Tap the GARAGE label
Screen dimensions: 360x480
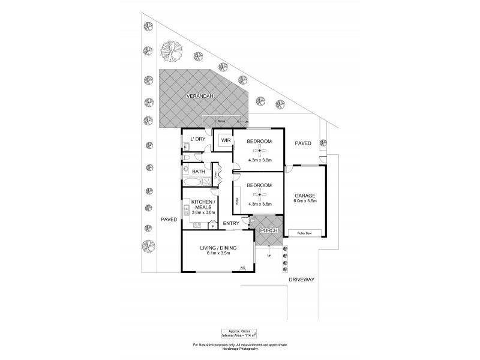(305, 196)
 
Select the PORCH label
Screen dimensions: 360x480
(268, 229)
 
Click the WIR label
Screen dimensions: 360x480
(226, 140)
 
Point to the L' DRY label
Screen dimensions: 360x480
(197, 140)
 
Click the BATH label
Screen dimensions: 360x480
(199, 172)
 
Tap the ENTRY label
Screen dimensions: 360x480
(232, 224)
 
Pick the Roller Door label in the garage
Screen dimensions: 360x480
(305, 233)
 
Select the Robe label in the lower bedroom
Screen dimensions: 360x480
(238, 202)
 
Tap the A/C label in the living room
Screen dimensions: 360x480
(243, 268)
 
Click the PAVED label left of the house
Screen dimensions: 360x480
(169, 220)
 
